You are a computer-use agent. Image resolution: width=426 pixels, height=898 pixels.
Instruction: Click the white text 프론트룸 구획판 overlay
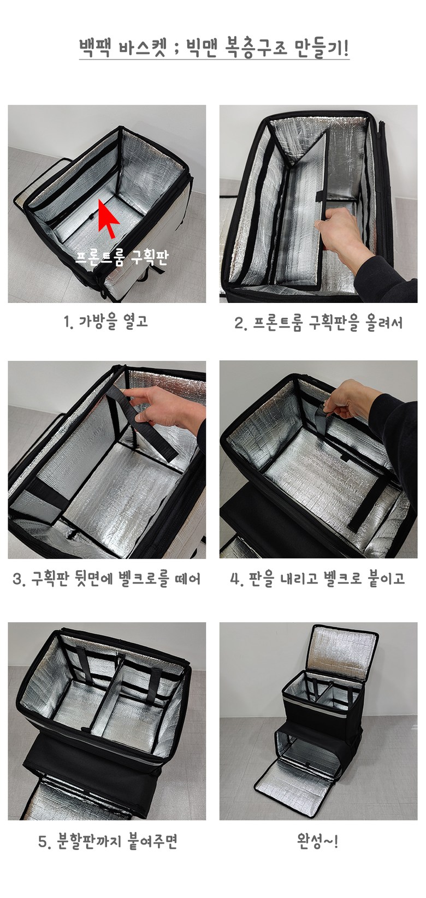pyautogui.click(x=122, y=257)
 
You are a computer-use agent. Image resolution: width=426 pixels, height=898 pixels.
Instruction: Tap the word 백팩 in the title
pyautogui.click(x=94, y=48)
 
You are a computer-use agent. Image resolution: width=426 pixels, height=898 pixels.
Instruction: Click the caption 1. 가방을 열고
pyautogui.click(x=105, y=321)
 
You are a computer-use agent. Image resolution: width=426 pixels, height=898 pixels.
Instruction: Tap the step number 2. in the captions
pyautogui.click(x=240, y=323)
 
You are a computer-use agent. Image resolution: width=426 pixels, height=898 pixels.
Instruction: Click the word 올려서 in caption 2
pyautogui.click(x=384, y=322)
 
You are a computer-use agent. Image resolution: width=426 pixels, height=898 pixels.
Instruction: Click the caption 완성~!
pyautogui.click(x=317, y=841)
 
